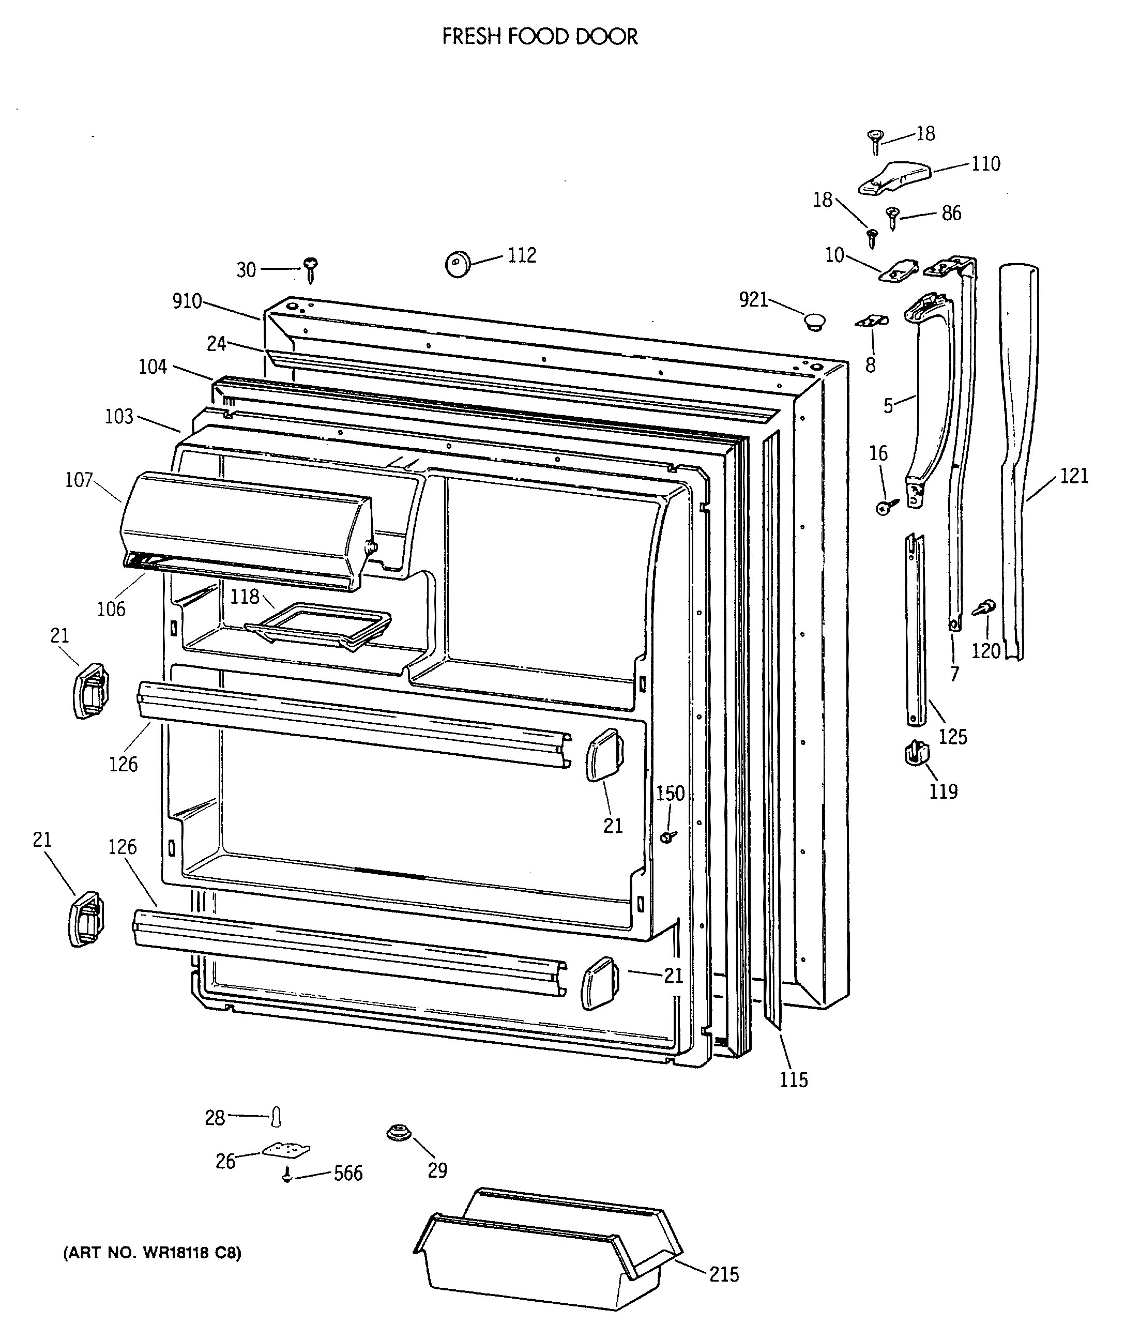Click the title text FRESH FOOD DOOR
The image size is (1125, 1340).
click(540, 37)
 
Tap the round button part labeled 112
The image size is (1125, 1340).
click(457, 264)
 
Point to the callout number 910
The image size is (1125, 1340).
click(187, 301)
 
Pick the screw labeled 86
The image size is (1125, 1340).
click(893, 217)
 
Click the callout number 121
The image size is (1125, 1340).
click(1074, 476)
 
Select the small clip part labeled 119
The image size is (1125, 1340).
click(916, 754)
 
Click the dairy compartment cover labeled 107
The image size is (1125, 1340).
click(246, 529)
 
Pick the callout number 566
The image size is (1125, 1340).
click(348, 1174)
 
